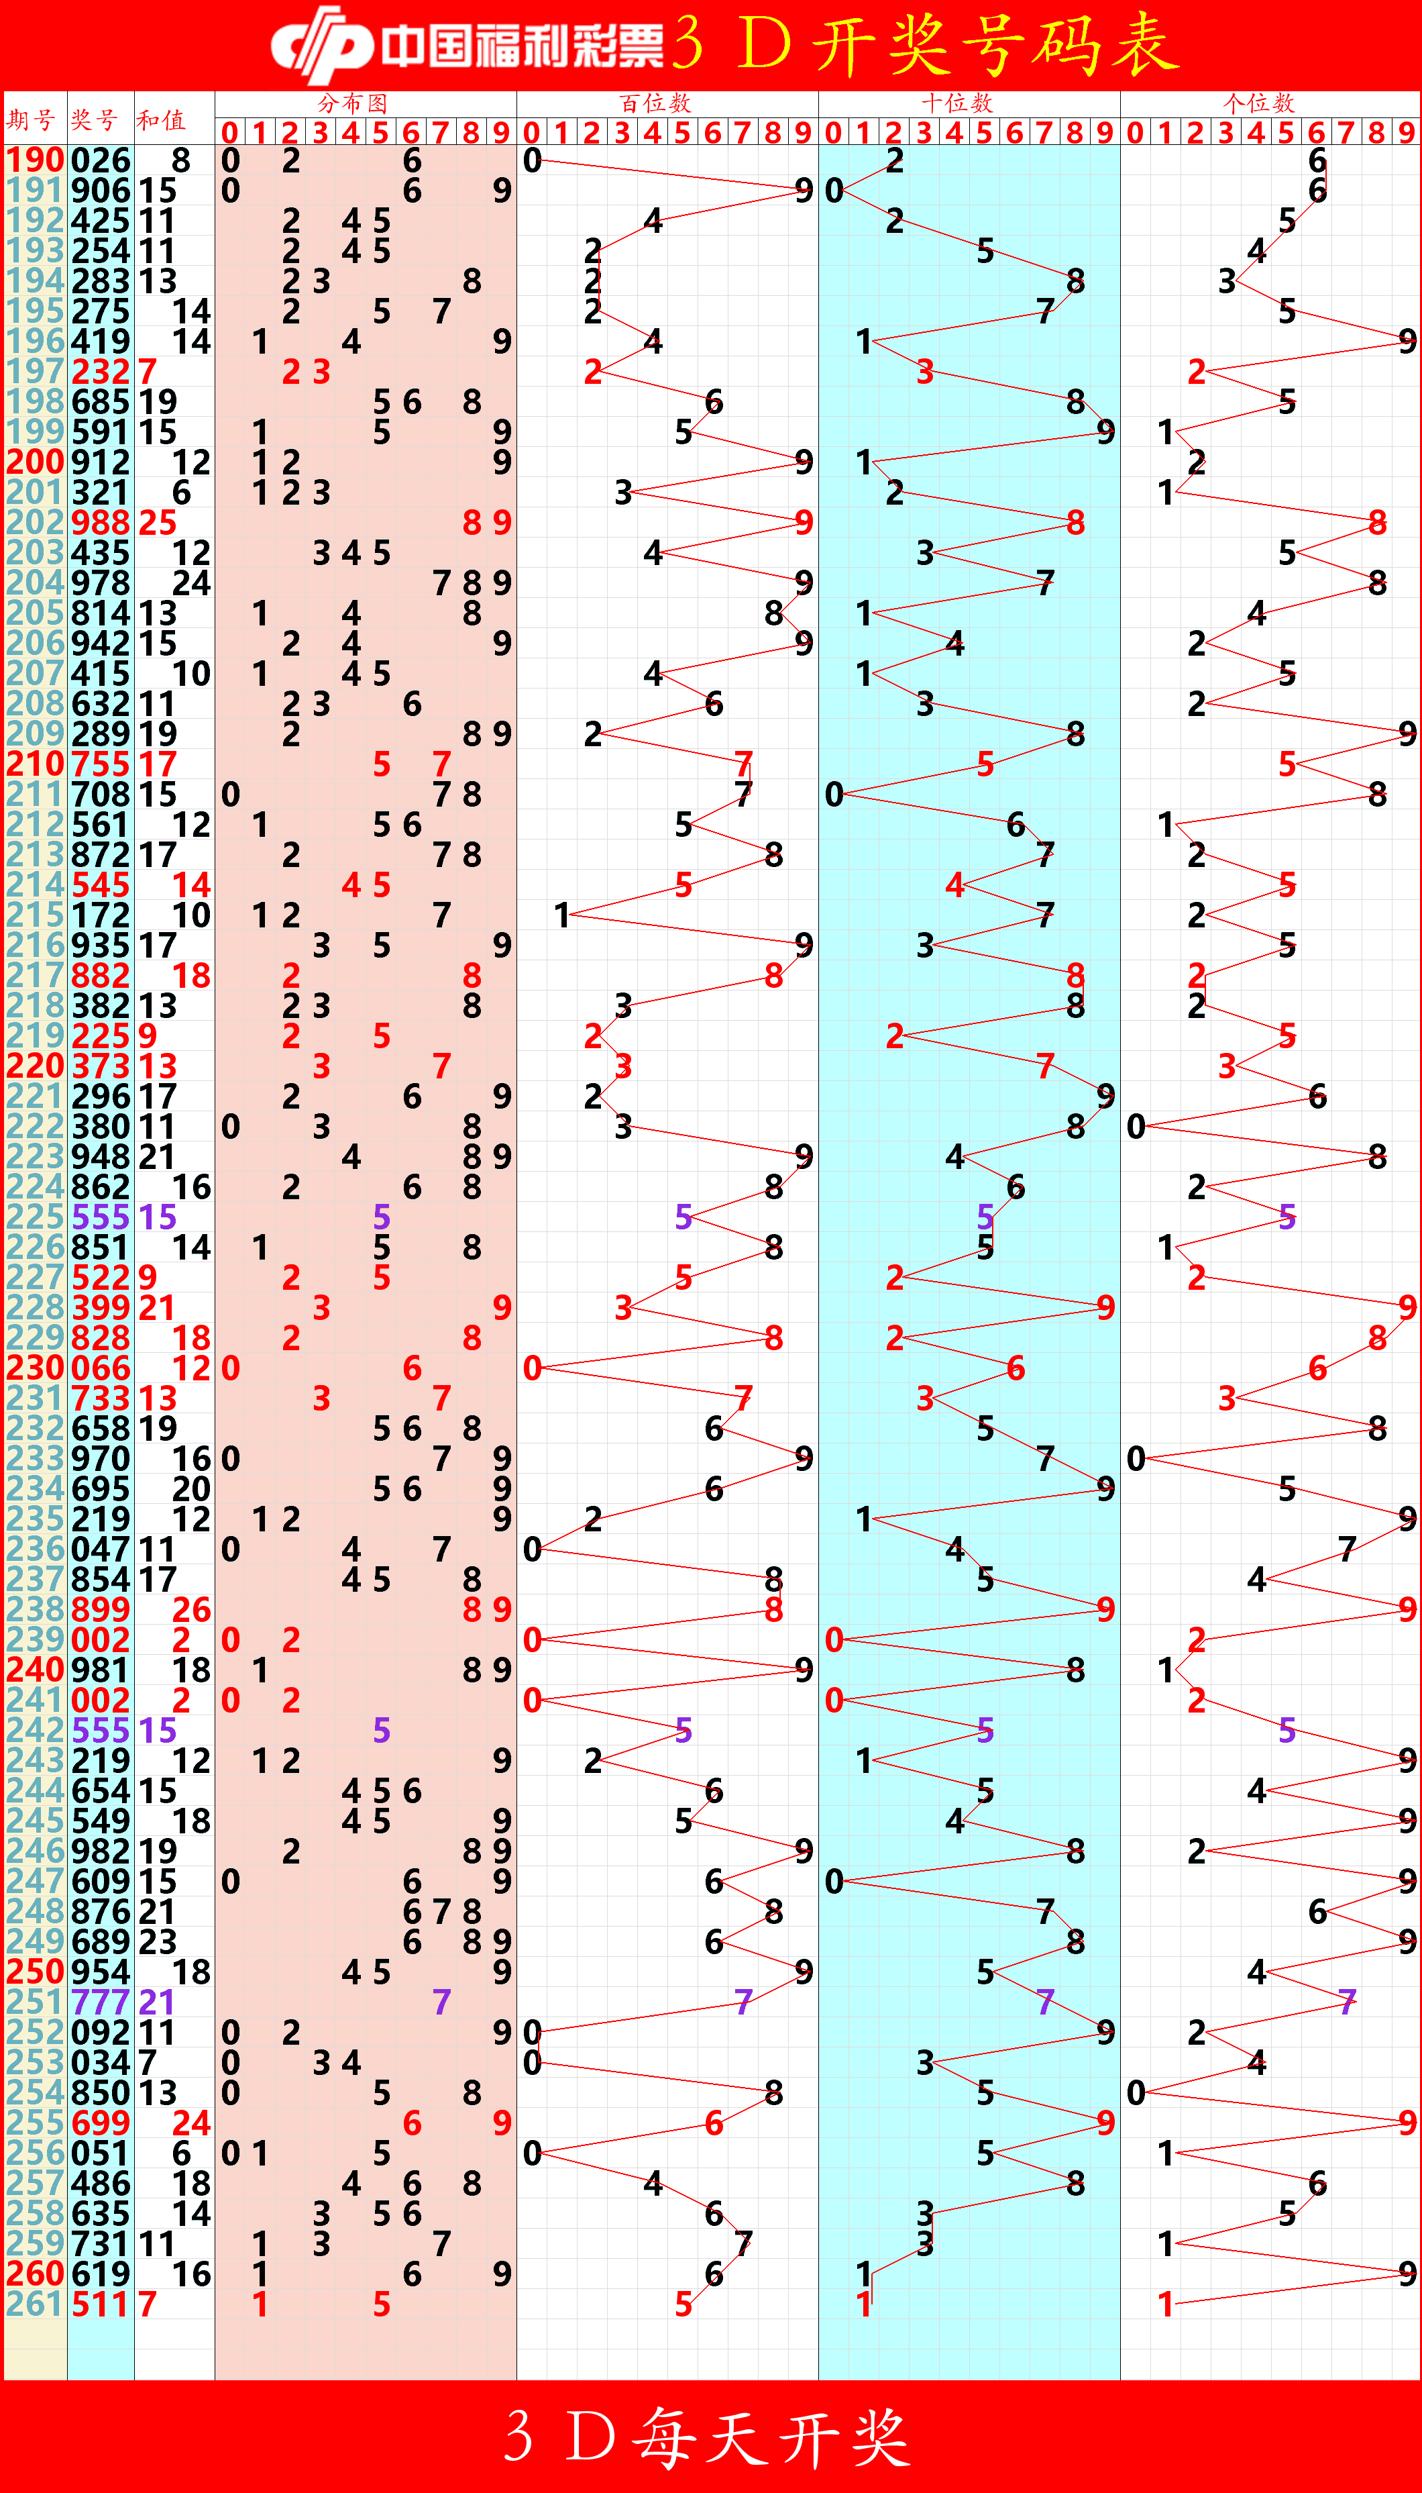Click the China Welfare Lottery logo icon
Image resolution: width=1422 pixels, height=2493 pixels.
[x=321, y=44]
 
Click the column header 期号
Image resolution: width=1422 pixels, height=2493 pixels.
[x=32, y=120]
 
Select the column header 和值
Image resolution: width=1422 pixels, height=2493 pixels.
[x=161, y=120]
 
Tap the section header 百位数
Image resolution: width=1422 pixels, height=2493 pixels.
[x=655, y=103]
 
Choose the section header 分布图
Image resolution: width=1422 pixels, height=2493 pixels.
[x=353, y=103]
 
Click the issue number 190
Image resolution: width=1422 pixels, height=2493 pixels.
[x=35, y=160]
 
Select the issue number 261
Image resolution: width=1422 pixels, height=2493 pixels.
[x=35, y=2304]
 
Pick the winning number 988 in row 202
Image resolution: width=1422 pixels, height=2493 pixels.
[x=101, y=523]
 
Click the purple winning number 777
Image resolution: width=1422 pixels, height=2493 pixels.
[x=101, y=2002]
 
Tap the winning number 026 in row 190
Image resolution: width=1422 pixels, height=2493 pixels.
[x=101, y=160]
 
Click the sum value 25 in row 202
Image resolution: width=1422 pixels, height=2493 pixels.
[x=157, y=523]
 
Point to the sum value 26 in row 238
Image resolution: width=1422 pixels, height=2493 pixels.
[x=191, y=1609]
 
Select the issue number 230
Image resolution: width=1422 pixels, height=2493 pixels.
[x=35, y=1368]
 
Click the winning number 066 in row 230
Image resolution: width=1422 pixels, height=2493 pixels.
[x=101, y=1368]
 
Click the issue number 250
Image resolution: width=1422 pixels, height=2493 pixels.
[x=35, y=1972]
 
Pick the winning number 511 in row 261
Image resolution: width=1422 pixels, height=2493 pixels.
[x=101, y=2304]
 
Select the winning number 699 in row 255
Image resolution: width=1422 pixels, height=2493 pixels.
[x=101, y=2123]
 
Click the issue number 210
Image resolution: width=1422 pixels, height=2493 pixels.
[x=35, y=764]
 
